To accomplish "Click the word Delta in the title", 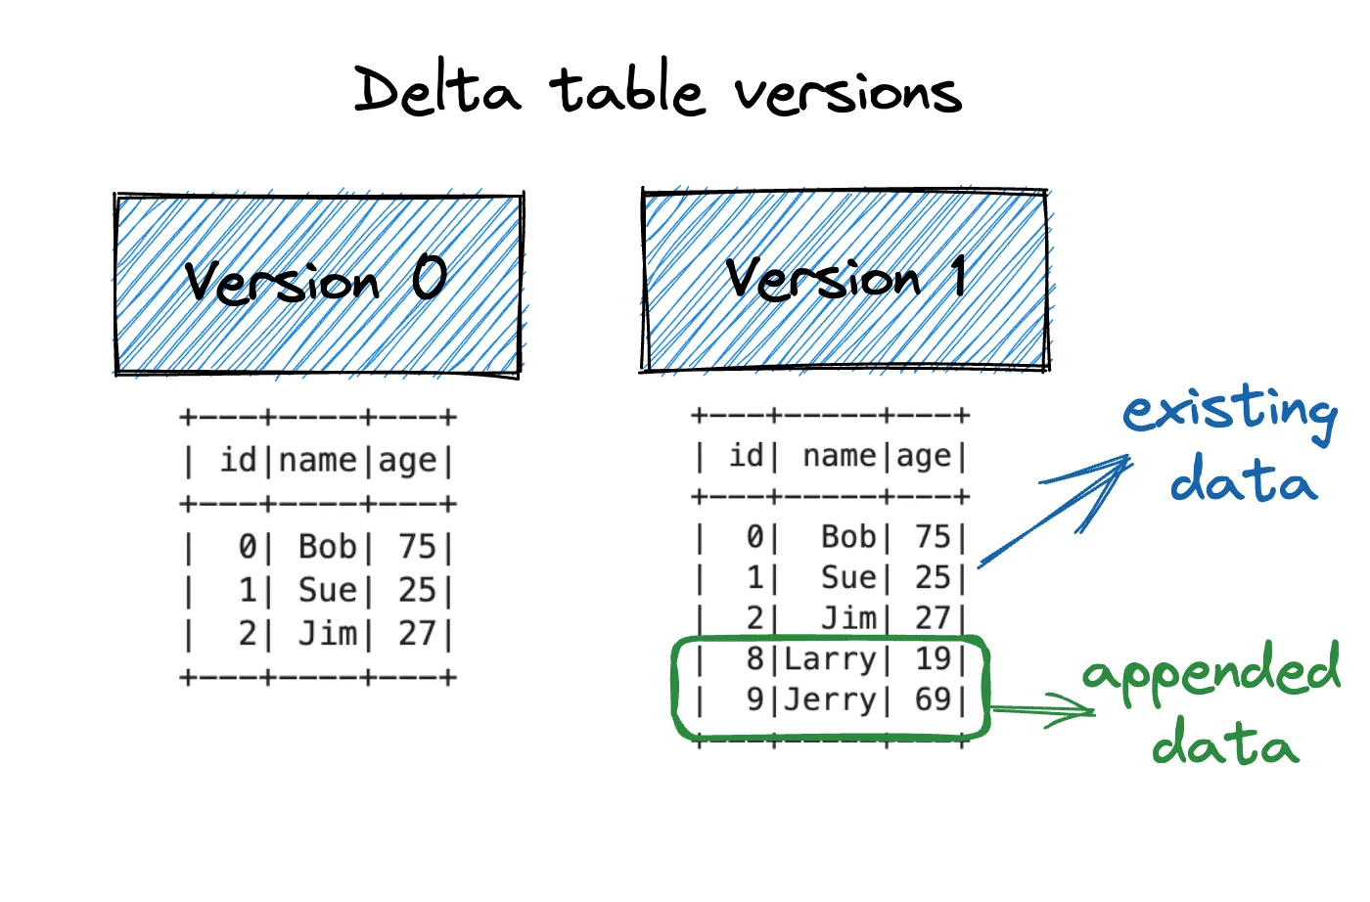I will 436,91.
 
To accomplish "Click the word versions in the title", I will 847,93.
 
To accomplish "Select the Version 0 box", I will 318,285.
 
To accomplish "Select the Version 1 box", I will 845,280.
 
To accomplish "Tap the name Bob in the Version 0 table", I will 328,547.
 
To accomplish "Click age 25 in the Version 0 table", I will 417,590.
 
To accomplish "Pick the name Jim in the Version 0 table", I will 328,634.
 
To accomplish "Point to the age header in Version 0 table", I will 407,460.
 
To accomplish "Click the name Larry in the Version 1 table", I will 830,659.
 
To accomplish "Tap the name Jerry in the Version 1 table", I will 830,699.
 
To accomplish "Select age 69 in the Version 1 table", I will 933,699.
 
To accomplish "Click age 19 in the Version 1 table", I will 933,659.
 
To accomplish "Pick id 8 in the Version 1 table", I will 754,659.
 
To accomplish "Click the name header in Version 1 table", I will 840,456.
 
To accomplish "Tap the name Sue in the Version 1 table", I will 848,578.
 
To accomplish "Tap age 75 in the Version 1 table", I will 933,537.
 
